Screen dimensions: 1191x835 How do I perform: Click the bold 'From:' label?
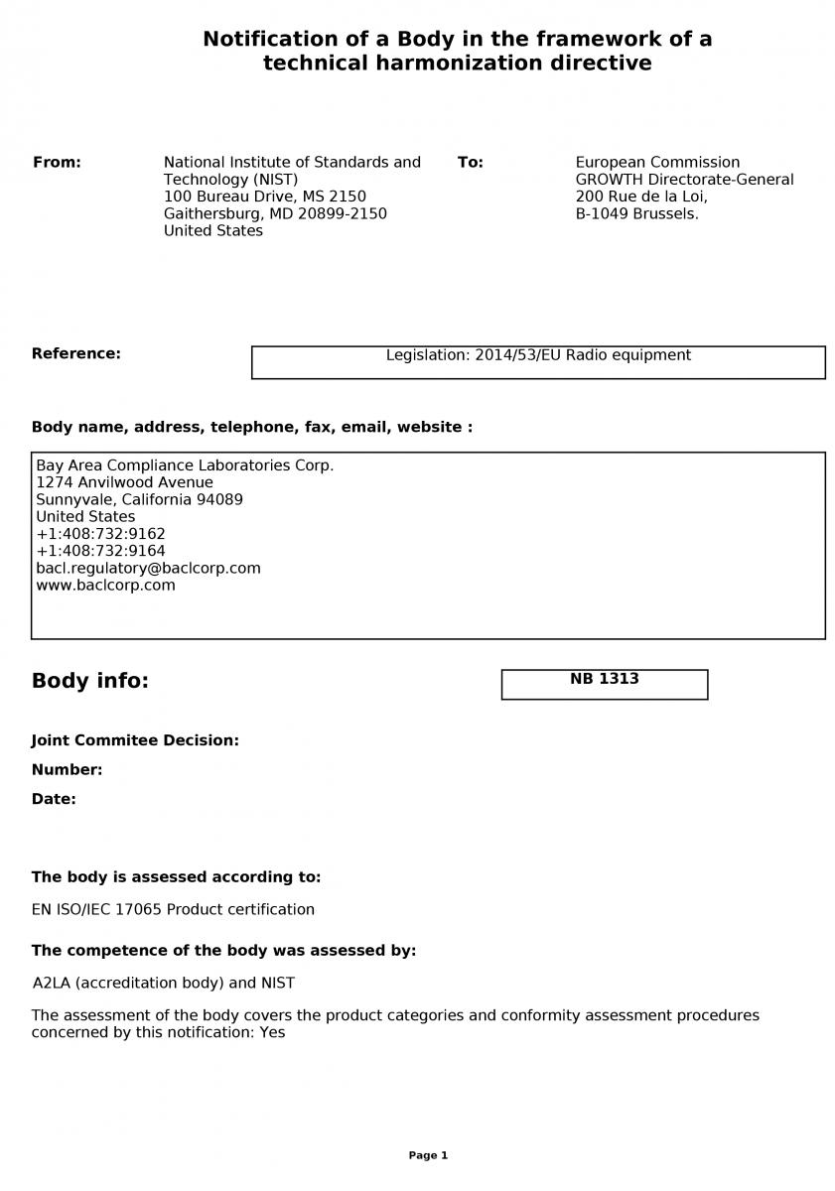(57, 163)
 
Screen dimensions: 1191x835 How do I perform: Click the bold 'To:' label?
(471, 163)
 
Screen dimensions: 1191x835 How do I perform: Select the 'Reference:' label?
(76, 354)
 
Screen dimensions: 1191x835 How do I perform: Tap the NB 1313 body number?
(604, 680)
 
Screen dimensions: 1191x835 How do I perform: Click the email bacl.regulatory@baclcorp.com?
(148, 569)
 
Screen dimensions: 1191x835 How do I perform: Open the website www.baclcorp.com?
(105, 586)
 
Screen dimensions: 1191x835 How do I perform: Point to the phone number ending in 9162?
(100, 534)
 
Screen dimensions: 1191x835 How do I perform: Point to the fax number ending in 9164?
(100, 551)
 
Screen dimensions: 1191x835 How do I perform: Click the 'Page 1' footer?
(428, 1155)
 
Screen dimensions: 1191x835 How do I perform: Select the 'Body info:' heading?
(89, 682)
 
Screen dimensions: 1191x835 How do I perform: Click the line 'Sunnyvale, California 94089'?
(139, 500)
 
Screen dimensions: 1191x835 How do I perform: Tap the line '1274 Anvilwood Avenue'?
(124, 483)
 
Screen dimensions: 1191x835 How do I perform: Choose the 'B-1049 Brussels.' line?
(636, 214)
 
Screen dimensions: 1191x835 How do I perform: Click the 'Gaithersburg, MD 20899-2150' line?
(275, 214)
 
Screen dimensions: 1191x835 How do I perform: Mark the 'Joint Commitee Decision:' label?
(135, 740)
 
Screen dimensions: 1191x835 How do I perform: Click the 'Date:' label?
(54, 800)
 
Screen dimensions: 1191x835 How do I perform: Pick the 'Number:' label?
(67, 770)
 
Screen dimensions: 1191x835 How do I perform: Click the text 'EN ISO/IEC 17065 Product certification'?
(173, 910)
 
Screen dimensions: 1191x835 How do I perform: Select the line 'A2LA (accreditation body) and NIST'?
(164, 984)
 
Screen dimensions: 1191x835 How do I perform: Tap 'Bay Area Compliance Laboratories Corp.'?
(185, 466)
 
